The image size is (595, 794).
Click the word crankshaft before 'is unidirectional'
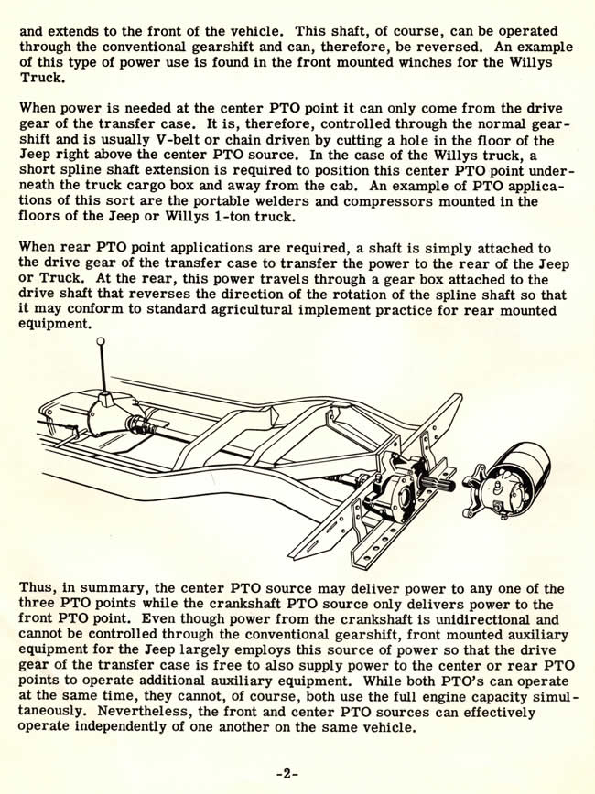(x=352, y=619)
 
